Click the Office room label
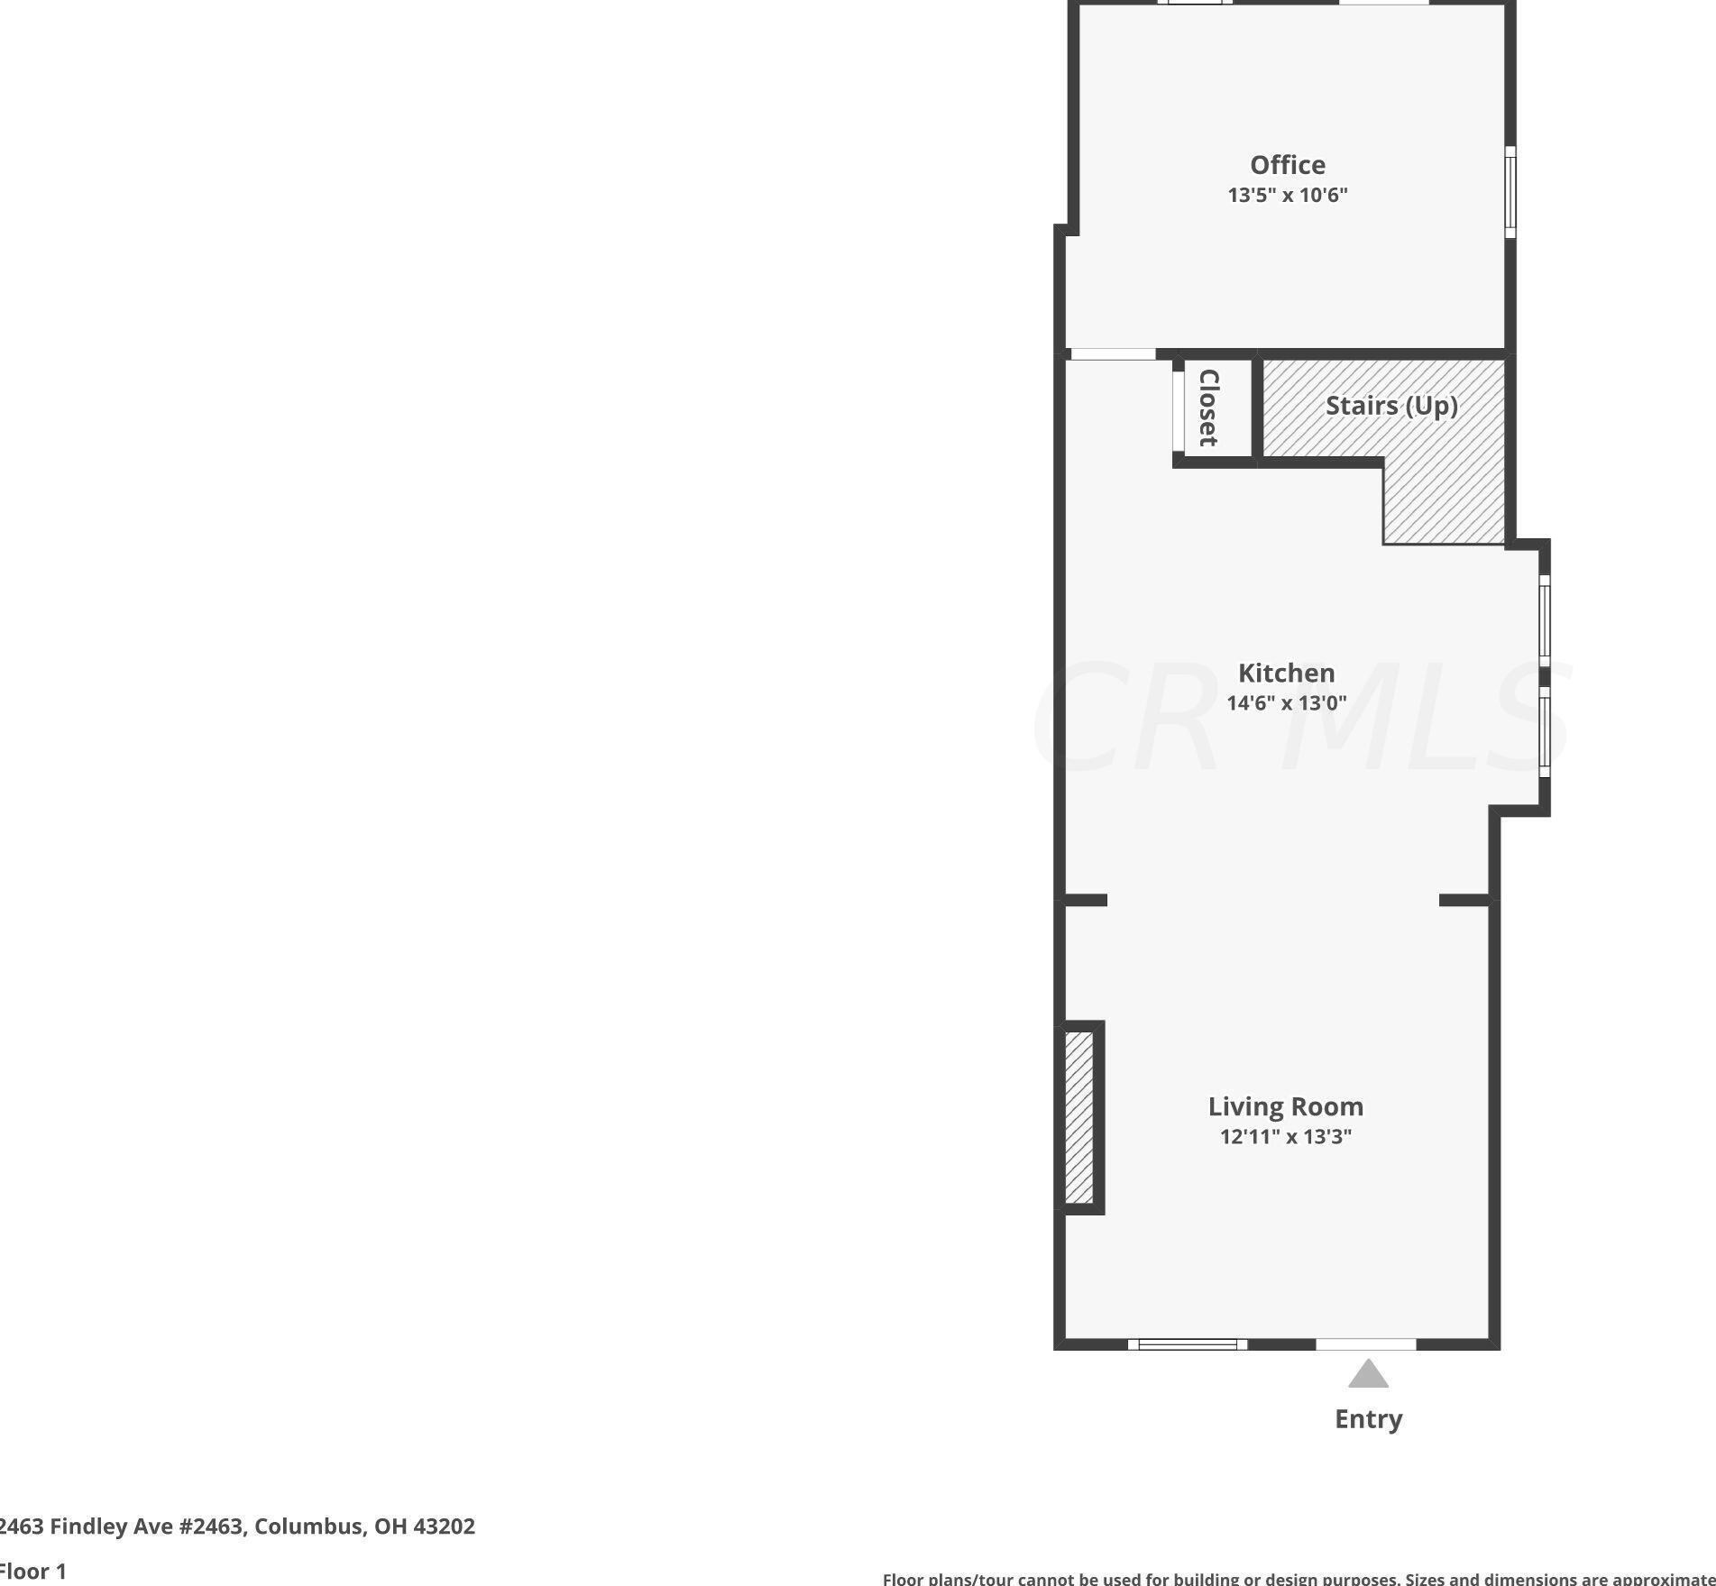(1287, 165)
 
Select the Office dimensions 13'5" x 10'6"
(1287, 195)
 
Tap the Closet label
(1208, 408)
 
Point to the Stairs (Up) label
(1391, 406)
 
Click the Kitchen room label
(1286, 673)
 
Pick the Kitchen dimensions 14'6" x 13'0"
(1286, 702)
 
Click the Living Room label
(1285, 1106)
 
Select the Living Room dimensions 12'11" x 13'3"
(1285, 1136)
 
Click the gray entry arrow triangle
(1368, 1375)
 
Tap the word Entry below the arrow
(1368, 1419)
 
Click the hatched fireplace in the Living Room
(1078, 1117)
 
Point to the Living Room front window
(1188, 1344)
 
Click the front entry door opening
(1366, 1344)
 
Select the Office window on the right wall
(1510, 192)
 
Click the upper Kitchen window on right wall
(1545, 620)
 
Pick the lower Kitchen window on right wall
(1545, 731)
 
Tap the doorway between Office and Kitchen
(1111, 354)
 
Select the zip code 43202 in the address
(444, 1526)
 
